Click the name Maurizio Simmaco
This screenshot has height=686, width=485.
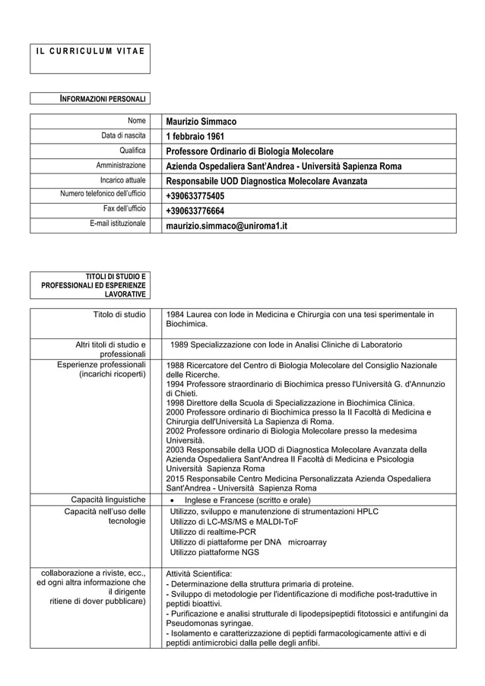pos(201,122)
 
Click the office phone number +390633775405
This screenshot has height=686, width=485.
pos(195,196)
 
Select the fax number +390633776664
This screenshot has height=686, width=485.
pos(195,211)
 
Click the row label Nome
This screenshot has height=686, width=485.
pos(136,121)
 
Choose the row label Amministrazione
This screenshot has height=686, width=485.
pos(120,165)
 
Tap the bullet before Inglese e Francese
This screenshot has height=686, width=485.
pos(173,500)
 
